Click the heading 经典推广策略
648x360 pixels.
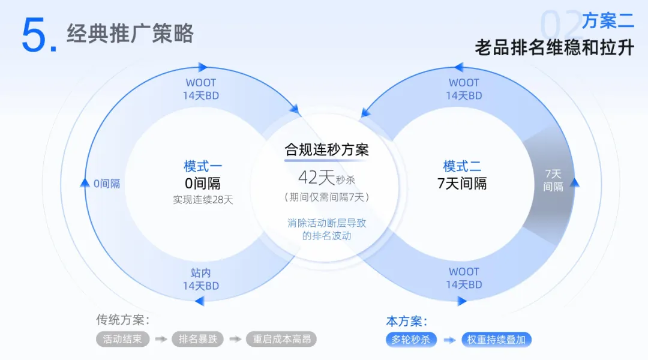[x=130, y=33]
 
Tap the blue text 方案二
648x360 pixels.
[x=608, y=21]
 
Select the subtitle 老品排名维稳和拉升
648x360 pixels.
[x=554, y=47]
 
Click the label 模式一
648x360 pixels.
[x=203, y=166]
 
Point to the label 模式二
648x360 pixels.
[x=462, y=166]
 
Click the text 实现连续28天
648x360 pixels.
[x=203, y=200]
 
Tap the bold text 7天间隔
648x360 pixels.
[x=462, y=184]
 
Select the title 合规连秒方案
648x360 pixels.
[x=326, y=149]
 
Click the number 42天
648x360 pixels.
[x=316, y=178]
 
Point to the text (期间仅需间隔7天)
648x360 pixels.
[x=326, y=197]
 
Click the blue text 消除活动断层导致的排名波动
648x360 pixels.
[x=326, y=229]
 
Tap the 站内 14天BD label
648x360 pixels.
[x=201, y=280]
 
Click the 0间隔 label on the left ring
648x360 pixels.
[x=107, y=184]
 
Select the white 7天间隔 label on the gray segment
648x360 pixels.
[x=553, y=180]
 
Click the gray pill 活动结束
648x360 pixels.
[x=122, y=339]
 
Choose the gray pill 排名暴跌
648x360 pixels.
[x=197, y=339]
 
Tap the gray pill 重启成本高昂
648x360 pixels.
[x=281, y=339]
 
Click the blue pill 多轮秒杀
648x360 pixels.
[x=411, y=340]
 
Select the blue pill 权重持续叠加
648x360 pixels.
[x=496, y=340]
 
